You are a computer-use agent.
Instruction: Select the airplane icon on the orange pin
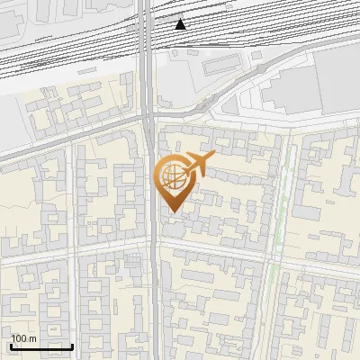pyautogui.click(x=199, y=164)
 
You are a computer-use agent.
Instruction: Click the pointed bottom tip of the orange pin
pyautogui.click(x=172, y=212)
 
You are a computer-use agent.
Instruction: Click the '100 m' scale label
pyautogui.click(x=23, y=338)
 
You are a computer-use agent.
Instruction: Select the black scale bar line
pyautogui.click(x=41, y=346)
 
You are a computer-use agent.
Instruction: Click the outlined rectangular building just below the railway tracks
pyautogui.click(x=220, y=66)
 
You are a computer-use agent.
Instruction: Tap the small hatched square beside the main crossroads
pyautogui.click(x=134, y=260)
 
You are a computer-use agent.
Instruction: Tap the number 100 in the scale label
pyautogui.click(x=19, y=338)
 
